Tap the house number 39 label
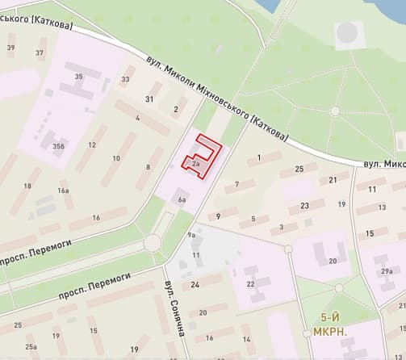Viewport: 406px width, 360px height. point(10,48)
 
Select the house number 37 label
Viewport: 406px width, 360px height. point(40,52)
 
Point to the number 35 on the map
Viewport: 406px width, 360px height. point(78,77)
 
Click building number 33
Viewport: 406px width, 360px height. point(125,79)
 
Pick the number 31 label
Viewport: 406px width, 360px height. point(149,98)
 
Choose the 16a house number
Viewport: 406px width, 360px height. point(64,190)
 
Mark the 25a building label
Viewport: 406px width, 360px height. point(31,346)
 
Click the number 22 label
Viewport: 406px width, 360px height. point(250,283)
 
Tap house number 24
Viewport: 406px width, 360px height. point(195,285)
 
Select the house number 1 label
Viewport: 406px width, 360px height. point(259,157)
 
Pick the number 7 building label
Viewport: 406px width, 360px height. point(236,185)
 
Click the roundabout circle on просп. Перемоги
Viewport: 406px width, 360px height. point(152,241)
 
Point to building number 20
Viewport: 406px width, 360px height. point(333,261)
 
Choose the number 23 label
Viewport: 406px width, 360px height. point(304,206)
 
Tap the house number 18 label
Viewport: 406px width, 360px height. point(27,186)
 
